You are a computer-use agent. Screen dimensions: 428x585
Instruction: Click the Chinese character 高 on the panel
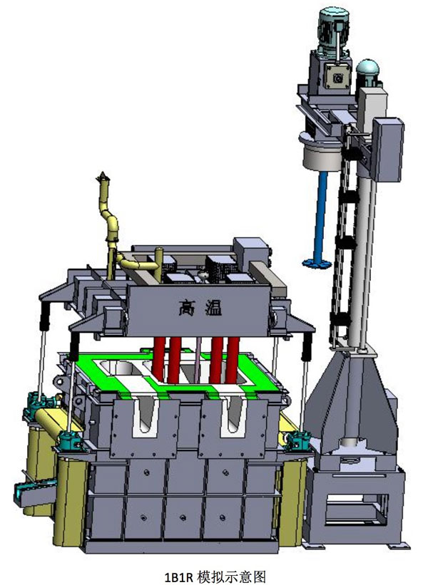(x=187, y=308)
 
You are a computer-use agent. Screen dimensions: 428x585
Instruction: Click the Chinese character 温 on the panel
(x=213, y=308)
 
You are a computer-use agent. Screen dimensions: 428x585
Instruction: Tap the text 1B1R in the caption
(x=179, y=576)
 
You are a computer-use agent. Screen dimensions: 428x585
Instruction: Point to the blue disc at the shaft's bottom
(x=316, y=263)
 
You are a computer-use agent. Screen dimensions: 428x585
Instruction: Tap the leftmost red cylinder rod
(x=158, y=358)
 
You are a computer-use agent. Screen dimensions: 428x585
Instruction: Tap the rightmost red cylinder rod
(x=233, y=359)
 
